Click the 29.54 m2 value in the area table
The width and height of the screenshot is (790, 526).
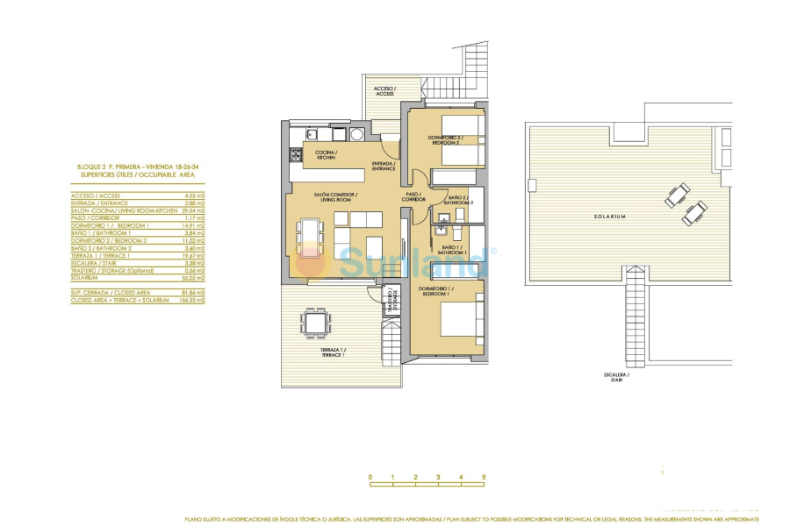pos(194,211)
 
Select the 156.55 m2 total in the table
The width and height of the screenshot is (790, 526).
pos(192,300)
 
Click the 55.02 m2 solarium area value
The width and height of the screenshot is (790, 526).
pos(193,277)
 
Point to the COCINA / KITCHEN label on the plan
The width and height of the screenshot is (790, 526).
pos(326,154)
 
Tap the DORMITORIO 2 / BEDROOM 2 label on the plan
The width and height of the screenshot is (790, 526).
pos(445,139)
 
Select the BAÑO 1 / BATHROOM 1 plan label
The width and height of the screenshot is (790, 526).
pos(454,250)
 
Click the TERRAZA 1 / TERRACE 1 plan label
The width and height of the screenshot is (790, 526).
pos(332,352)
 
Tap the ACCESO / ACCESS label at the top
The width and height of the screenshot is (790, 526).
pos(384,91)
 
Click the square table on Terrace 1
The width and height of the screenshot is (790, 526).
pos(313,323)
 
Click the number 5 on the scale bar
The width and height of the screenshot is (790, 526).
pos(484,477)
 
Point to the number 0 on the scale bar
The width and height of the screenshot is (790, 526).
pos(370,477)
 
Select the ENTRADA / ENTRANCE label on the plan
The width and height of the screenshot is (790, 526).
pos(383,166)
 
